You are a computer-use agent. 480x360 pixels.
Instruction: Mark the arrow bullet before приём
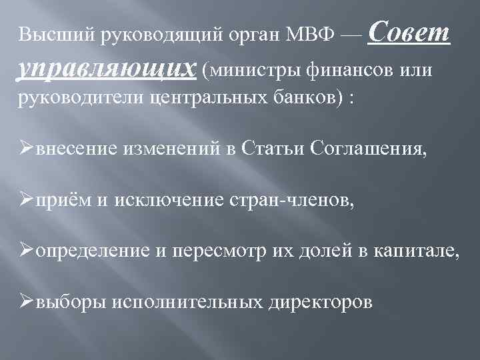26,199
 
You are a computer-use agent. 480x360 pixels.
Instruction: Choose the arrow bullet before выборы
26,301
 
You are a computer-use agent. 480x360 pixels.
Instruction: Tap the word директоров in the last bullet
319,301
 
